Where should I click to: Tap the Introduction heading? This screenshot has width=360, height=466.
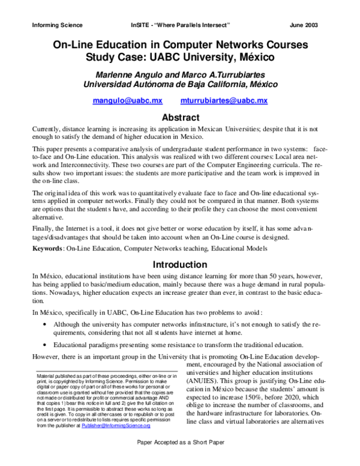coord(179,264)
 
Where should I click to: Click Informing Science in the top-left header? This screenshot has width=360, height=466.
coord(56,25)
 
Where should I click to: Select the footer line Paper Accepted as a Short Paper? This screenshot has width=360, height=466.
coord(180,458)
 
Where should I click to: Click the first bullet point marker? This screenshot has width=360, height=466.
coord(47,324)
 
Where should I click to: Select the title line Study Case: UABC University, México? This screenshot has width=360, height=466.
coord(179,58)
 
